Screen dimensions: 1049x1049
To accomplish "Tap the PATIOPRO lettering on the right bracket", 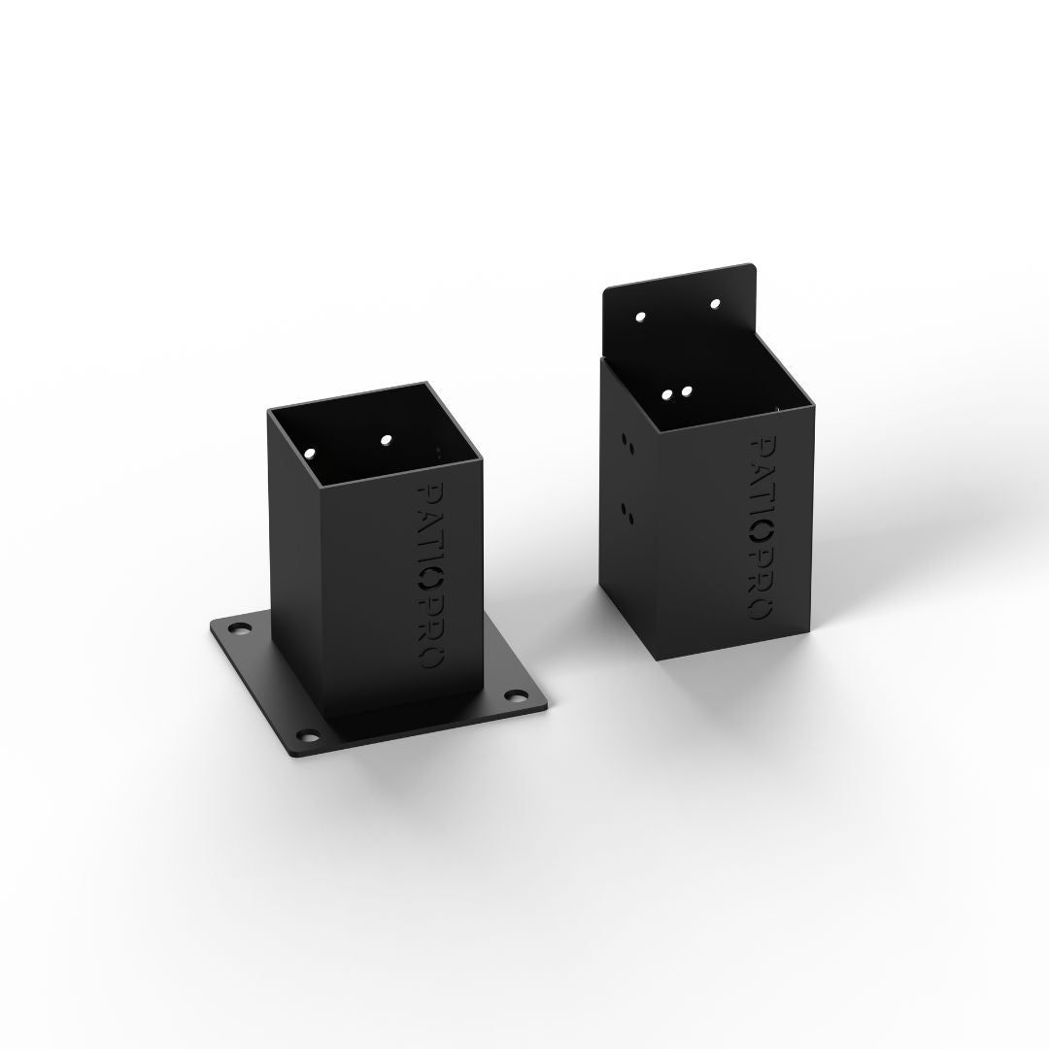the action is point(761,527).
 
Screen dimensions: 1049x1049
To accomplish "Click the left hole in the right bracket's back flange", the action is point(640,317).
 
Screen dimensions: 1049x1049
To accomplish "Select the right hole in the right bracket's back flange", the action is point(715,304).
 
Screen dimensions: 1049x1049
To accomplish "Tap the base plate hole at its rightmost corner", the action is point(514,695).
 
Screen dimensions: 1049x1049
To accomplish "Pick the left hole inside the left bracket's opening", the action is point(311,454).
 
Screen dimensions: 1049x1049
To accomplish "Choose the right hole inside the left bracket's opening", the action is point(386,440).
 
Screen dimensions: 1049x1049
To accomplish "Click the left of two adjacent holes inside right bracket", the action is point(667,394).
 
